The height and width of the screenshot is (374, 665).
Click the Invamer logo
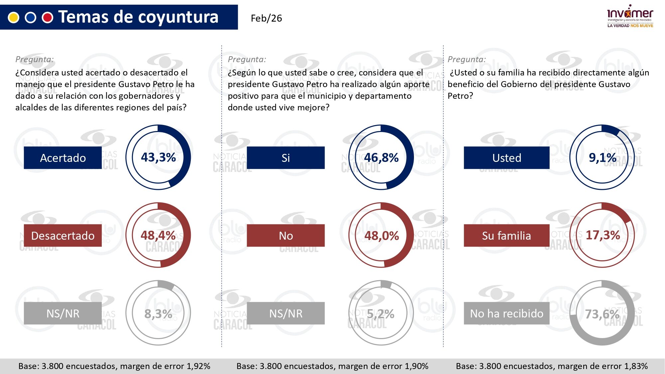coord(630,16)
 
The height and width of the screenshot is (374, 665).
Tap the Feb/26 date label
coord(266,18)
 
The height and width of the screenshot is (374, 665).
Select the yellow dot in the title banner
coord(14,17)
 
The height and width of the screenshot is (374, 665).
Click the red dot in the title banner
coord(48,17)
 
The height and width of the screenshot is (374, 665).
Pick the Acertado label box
coord(63,158)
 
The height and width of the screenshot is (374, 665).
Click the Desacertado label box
coord(63,235)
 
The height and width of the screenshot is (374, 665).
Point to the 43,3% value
coord(158,157)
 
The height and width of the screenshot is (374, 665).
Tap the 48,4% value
coord(158,235)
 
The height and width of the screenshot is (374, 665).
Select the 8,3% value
coord(158,313)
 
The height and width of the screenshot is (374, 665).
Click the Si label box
coord(286,158)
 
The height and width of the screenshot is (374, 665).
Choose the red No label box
coord(286,235)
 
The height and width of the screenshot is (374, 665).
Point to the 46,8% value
coord(381,158)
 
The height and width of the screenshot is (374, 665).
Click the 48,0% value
coord(381,236)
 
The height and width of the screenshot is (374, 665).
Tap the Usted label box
coord(506,158)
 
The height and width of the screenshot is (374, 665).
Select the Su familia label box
coord(506,235)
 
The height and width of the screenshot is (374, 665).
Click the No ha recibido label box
coord(506,313)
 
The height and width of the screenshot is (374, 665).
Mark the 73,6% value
coord(602,314)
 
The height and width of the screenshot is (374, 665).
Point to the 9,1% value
coord(602,158)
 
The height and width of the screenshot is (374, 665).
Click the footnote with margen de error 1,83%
coord(552,366)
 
